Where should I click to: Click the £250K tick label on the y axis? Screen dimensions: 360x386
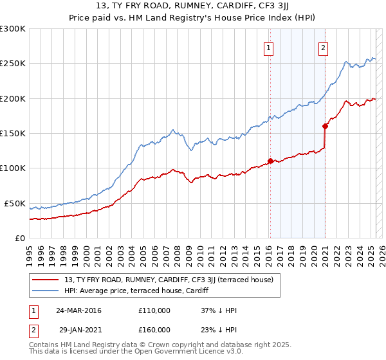(13, 64)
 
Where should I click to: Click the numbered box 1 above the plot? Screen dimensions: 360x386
(268, 47)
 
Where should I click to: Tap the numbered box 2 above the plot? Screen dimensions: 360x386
(323, 47)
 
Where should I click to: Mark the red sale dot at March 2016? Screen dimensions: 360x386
(270, 161)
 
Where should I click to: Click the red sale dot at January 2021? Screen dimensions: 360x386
(326, 126)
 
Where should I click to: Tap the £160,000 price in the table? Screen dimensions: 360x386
(154, 330)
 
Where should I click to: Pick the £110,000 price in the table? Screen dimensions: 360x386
(154, 310)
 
